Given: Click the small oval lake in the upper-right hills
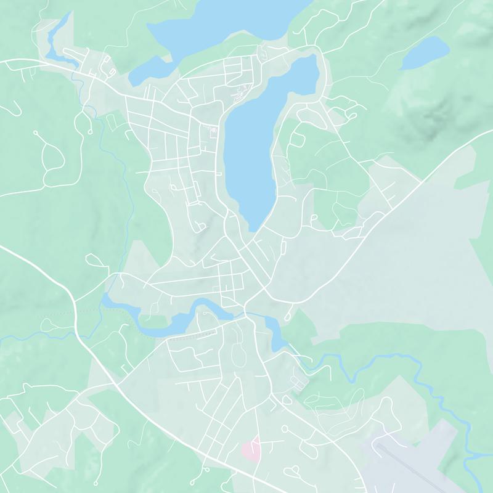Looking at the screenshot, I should pyautogui.click(x=424, y=52).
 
